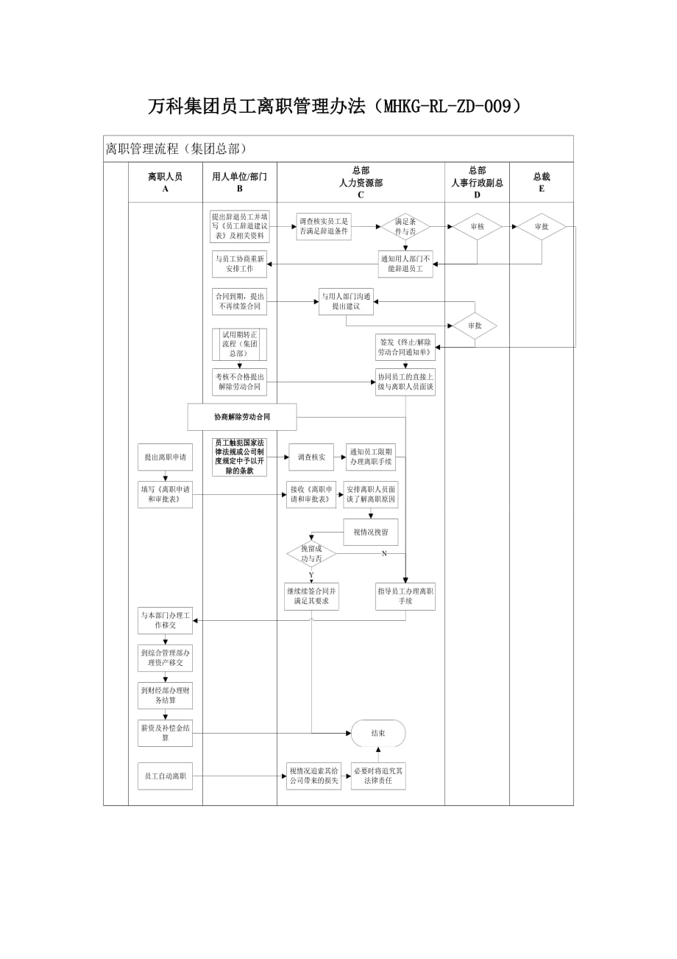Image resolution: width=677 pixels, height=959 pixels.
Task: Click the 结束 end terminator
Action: (378, 733)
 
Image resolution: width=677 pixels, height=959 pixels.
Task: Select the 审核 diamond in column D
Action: (477, 227)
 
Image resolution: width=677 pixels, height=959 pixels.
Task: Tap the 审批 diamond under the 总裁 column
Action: (542, 227)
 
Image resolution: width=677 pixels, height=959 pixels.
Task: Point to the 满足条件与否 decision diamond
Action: (405, 227)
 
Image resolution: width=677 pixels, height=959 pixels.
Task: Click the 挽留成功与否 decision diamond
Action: (311, 554)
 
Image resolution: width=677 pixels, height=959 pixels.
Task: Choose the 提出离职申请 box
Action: (165, 457)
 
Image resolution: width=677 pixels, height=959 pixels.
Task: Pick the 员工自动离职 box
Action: (165, 776)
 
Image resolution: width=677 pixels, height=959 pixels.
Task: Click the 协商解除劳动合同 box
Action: (242, 417)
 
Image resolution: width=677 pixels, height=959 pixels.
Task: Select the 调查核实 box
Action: (311, 457)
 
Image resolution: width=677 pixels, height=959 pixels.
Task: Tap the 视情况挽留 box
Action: (370, 532)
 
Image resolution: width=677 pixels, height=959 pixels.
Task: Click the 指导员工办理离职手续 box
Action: (405, 596)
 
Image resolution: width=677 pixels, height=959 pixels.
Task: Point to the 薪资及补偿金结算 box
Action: (165, 733)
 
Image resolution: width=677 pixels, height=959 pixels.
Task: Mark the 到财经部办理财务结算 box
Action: (165, 695)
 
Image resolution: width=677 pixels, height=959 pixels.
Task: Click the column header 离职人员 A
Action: (165, 182)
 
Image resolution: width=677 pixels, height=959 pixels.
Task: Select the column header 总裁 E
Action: (542, 182)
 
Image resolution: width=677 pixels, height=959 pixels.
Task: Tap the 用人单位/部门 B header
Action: (240, 182)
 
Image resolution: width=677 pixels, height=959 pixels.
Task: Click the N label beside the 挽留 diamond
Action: (384, 553)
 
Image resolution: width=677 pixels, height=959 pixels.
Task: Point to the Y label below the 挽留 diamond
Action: (311, 575)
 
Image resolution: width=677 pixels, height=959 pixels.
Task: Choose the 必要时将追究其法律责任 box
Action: (378, 776)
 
